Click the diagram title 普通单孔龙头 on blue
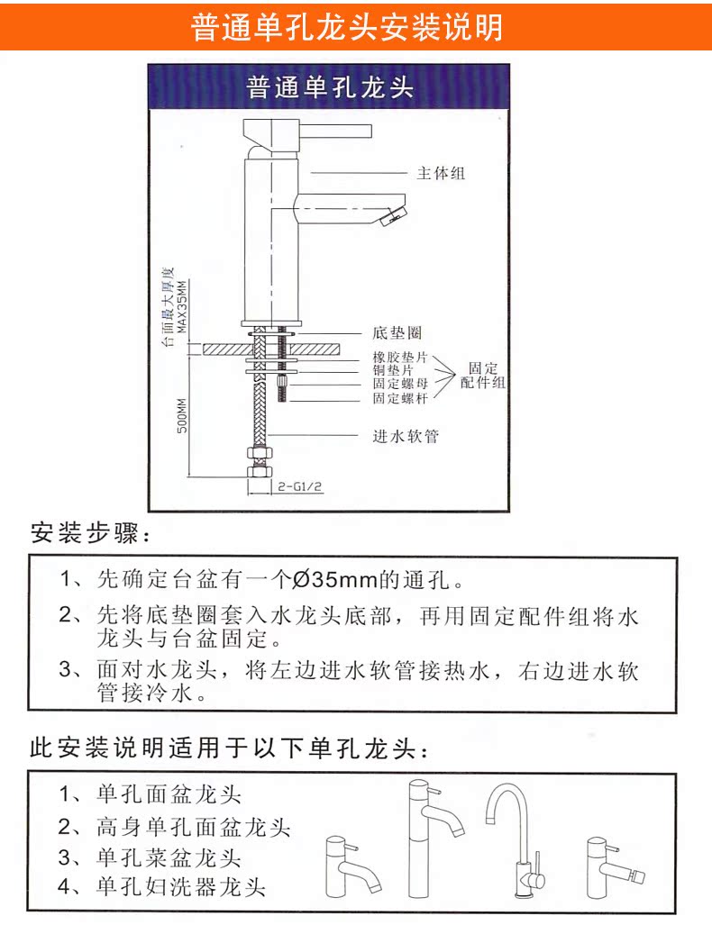click(329, 88)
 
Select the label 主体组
click(440, 173)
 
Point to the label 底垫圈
click(397, 332)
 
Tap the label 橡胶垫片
click(401, 358)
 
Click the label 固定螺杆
click(401, 398)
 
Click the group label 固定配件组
click(483, 376)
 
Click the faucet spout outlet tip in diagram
click(393, 216)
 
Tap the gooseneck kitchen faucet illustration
click(514, 839)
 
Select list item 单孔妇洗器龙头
click(180, 886)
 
